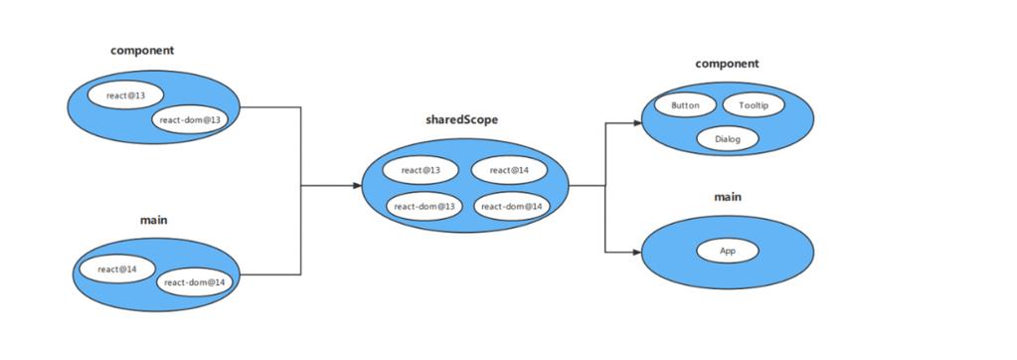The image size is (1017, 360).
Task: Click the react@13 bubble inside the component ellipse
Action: click(124, 95)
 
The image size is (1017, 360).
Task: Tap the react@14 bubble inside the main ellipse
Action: click(117, 270)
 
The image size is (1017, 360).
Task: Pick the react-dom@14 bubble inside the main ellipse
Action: click(195, 282)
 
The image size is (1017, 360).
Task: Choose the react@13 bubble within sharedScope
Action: click(421, 170)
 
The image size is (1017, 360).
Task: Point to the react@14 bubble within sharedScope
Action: click(508, 170)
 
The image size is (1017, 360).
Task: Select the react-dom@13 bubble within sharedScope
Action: click(424, 206)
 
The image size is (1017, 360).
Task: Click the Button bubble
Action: click(685, 105)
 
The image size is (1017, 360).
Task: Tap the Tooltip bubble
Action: click(754, 105)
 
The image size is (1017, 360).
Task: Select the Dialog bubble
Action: click(728, 140)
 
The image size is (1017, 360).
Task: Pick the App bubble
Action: click(728, 252)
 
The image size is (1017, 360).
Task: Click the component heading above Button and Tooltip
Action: click(727, 64)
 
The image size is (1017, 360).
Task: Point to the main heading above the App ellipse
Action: click(728, 197)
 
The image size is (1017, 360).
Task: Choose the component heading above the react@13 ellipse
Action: click(143, 49)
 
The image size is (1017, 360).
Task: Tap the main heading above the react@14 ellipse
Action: click(153, 219)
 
